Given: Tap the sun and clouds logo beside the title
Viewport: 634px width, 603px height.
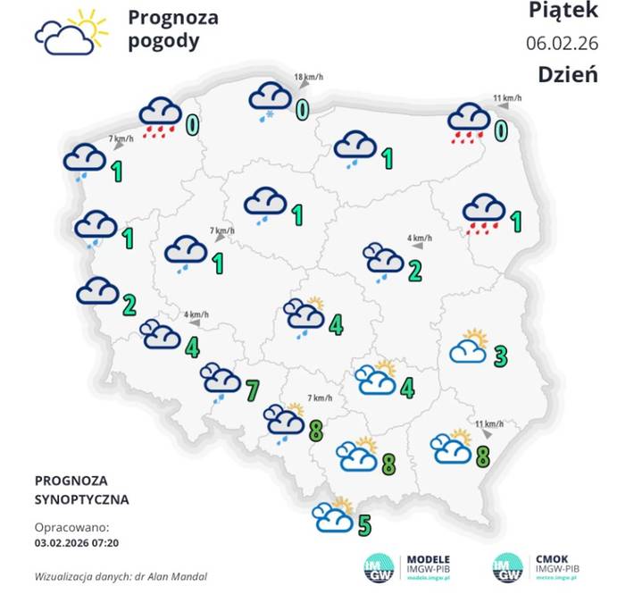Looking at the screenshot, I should pos(71,32).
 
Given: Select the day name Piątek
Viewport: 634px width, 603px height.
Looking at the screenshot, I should pos(562,12).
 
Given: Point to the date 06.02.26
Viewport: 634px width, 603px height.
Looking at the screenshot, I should pos(562,43).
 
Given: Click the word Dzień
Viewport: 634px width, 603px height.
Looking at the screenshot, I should pos(567,74).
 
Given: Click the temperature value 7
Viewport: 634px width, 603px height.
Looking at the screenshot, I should pos(252,389).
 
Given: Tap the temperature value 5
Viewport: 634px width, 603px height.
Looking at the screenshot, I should pos(364,524).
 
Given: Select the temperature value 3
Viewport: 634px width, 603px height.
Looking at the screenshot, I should pos(501,356).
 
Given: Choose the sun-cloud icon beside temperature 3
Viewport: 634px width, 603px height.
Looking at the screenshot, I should pos(470,347).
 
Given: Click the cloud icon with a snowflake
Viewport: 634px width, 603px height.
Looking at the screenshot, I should pos(269,100).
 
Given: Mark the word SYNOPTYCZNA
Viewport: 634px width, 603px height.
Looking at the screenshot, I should pos(81,499).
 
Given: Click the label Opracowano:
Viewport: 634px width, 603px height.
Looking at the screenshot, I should pos(71,526).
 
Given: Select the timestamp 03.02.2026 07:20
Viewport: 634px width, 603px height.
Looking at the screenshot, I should pos(77,541).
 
